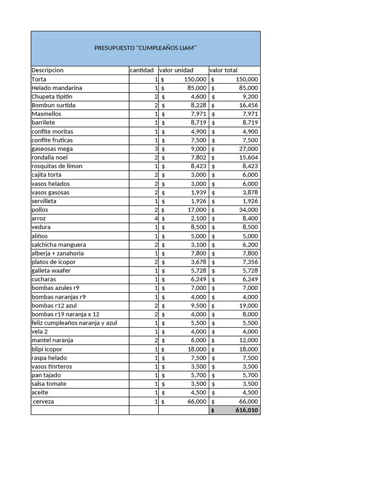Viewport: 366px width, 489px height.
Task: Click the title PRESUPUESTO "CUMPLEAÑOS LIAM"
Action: point(145,48)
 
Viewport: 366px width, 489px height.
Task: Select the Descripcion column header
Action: point(47,70)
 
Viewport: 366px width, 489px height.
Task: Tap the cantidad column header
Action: point(142,70)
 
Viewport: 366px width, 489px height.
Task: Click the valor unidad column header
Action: point(176,70)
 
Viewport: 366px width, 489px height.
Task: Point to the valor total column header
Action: point(224,70)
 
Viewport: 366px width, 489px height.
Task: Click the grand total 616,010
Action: point(246,410)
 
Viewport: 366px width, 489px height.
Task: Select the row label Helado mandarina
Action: point(57,88)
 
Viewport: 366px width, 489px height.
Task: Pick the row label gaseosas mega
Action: point(52,149)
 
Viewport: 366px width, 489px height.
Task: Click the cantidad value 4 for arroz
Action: point(156,218)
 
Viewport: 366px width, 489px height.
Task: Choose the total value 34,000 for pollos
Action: point(250,210)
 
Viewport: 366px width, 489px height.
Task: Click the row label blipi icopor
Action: point(47,349)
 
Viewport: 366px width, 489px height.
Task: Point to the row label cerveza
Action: point(43,402)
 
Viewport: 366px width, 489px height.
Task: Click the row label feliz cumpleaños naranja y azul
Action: point(74,323)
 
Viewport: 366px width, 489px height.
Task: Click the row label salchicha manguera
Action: point(59,244)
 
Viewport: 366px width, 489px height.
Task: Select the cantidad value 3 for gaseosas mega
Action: point(156,149)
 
